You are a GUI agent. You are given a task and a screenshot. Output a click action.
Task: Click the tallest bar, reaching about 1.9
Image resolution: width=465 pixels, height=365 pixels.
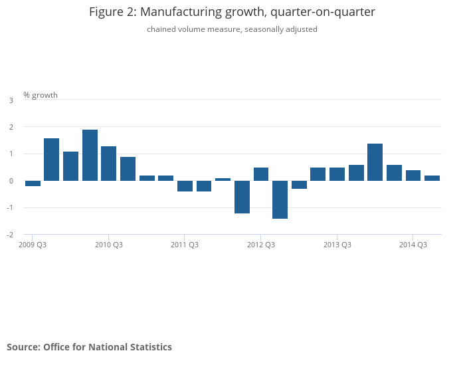point(90,155)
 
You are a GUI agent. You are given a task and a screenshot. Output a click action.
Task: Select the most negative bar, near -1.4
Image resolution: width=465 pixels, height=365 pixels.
point(280,199)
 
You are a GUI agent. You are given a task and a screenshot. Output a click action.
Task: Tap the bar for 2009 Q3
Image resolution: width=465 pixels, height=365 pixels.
point(33,183)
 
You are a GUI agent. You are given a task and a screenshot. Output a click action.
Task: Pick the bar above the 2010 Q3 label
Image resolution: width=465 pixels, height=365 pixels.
point(109,164)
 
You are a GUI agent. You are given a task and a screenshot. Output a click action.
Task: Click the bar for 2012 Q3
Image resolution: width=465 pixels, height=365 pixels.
point(261,174)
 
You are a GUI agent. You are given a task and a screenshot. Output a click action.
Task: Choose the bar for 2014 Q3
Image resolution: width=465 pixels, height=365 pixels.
point(413,176)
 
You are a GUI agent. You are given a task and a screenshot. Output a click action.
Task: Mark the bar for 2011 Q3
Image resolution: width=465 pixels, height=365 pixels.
point(185,186)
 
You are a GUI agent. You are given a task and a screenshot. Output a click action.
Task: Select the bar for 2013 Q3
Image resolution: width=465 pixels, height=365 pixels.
point(337,174)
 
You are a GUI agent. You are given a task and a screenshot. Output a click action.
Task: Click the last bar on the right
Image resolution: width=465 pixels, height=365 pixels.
point(432,178)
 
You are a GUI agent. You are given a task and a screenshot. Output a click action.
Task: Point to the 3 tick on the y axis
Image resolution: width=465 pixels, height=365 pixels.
point(11,100)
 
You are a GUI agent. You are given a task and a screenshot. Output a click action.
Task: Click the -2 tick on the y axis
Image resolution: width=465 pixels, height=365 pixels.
point(10,235)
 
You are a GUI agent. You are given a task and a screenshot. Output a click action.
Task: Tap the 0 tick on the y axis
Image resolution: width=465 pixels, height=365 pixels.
point(11,181)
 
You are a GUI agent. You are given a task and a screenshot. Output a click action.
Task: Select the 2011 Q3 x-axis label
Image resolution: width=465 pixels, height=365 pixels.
point(185,245)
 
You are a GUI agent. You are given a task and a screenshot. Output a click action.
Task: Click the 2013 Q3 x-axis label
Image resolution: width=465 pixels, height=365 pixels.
point(337,245)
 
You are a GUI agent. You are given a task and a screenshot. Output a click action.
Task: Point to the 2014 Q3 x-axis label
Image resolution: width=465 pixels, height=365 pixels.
point(413,245)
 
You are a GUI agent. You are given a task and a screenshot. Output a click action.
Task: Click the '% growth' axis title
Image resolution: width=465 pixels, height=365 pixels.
point(41,95)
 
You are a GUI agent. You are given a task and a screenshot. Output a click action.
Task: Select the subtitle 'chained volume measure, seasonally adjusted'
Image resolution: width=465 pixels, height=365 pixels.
point(232,29)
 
